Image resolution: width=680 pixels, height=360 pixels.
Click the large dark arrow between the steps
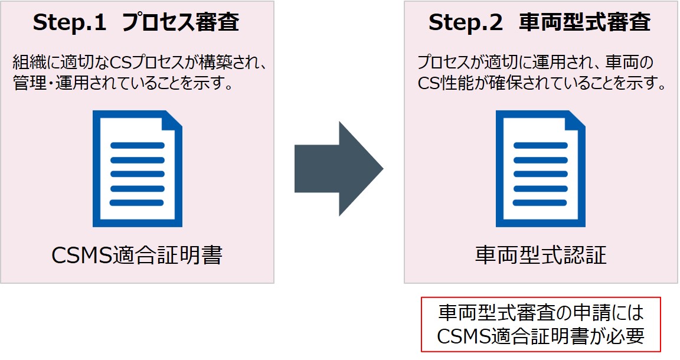click(336, 169)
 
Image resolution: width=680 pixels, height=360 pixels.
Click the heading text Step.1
click(70, 23)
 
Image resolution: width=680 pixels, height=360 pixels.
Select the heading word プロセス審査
click(181, 23)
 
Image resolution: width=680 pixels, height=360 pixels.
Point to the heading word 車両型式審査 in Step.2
click(584, 23)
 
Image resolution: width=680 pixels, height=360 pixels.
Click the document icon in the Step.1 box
click(137, 169)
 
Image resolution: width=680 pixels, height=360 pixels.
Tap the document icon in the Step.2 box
click(540, 169)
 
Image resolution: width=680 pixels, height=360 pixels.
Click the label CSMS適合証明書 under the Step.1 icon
click(137, 256)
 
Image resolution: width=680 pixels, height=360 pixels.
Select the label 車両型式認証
click(541, 256)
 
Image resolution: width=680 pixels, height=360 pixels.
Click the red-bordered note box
click(540, 324)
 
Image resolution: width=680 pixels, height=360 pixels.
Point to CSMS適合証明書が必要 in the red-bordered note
click(540, 336)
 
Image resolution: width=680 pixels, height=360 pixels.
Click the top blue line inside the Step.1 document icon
click(137, 145)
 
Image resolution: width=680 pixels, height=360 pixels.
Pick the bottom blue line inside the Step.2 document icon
click(540, 202)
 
